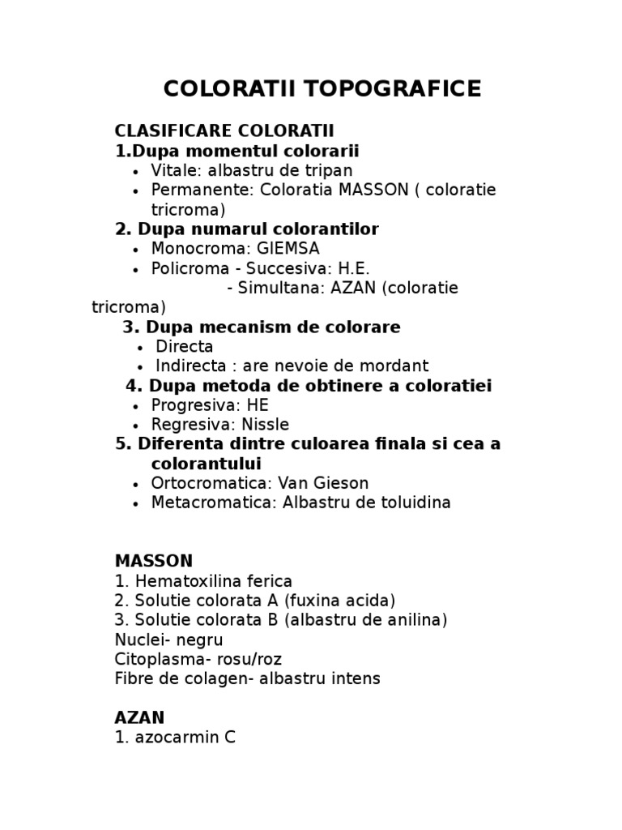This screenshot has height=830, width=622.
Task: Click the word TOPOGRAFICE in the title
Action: tap(394, 89)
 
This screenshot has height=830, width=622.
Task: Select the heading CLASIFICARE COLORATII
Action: tap(224, 131)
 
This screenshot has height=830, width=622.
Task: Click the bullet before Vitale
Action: tap(134, 172)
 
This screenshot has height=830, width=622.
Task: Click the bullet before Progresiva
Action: tap(134, 406)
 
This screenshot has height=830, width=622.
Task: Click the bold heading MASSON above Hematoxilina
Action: tap(154, 561)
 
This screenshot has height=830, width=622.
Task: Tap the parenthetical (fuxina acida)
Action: tap(335, 601)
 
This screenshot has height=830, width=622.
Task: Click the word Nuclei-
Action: tap(141, 640)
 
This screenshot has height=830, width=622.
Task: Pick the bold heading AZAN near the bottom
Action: tap(140, 717)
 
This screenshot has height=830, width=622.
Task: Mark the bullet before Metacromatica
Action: tap(134, 503)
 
